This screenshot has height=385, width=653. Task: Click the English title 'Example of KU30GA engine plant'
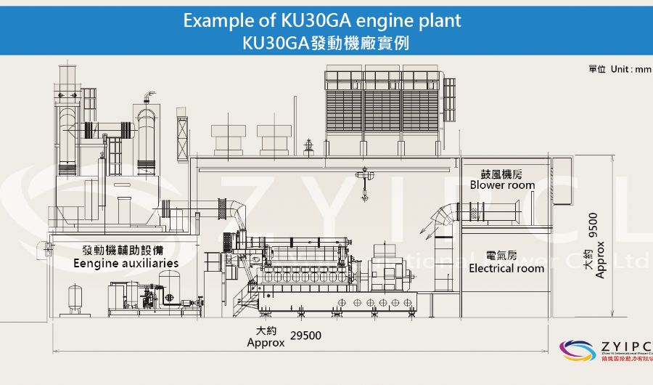tap(322, 20)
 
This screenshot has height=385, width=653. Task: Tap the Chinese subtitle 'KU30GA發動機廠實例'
tap(326, 42)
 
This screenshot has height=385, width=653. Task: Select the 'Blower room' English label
tap(502, 185)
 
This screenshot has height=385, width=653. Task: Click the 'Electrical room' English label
tap(506, 268)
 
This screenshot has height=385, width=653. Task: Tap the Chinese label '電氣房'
tap(501, 256)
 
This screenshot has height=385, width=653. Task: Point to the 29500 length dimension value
tap(305, 336)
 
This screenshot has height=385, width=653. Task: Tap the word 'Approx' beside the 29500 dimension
tap(266, 342)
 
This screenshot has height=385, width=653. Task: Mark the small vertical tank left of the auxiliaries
tap(75, 299)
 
